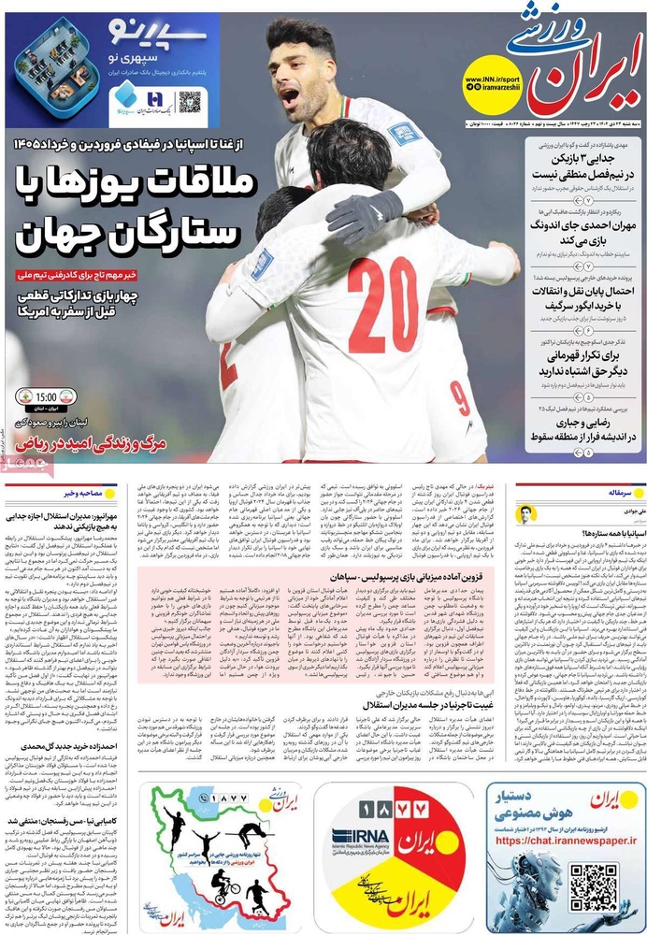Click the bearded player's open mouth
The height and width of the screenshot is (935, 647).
291,95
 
